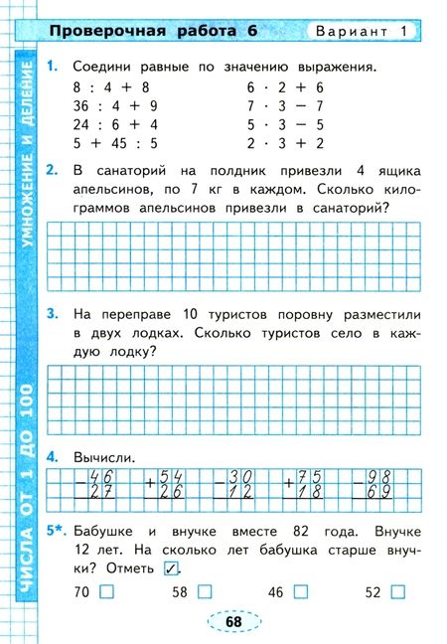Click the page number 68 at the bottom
tap(234, 621)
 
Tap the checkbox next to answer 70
tap(107, 592)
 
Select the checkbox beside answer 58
tap(205, 592)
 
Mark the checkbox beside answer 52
tap(398, 592)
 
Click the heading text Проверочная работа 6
tap(153, 31)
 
